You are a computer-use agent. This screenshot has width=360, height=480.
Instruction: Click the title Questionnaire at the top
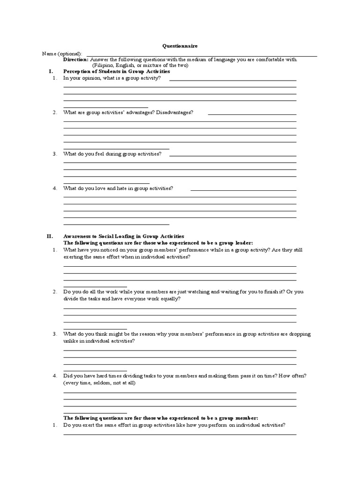point(180,46)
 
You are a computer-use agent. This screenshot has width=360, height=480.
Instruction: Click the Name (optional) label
point(61,53)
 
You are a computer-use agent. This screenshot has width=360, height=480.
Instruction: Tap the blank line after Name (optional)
point(202,56)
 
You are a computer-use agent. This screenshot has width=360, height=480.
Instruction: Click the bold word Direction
point(75,60)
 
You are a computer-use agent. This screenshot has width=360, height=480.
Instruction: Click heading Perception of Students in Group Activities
point(117,72)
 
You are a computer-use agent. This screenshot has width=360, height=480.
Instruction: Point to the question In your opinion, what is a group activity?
point(112,78)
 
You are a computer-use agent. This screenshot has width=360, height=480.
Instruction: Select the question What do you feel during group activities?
point(112,154)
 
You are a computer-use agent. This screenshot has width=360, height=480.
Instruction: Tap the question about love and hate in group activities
point(118,188)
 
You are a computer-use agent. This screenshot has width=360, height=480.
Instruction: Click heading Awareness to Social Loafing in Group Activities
point(124,236)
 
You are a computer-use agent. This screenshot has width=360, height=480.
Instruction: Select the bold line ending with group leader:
point(158,243)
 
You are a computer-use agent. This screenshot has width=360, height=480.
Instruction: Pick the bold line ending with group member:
point(161,418)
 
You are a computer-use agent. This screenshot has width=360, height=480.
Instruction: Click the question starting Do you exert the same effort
point(174,425)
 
